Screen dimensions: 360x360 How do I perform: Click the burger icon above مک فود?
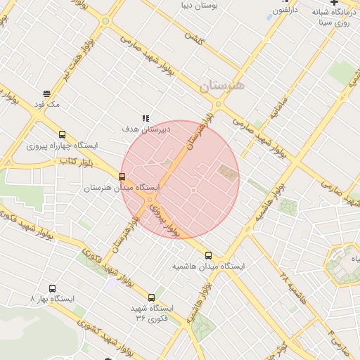pos(46,94)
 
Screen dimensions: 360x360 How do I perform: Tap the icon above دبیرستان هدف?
pos(146,118)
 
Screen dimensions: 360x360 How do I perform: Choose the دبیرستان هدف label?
pos(146,129)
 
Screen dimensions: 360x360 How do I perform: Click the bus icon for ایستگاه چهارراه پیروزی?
pos(62,135)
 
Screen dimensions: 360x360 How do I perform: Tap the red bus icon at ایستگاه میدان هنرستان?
pos(122,176)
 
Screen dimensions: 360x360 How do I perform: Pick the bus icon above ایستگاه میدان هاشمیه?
pos(208,255)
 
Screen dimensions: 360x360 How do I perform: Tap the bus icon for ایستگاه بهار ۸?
pos(52,288)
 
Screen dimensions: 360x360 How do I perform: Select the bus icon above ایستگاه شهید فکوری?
pos(152,297)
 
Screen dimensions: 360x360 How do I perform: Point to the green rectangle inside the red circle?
pos(227,171)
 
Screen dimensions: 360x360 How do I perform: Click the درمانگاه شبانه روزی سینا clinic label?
pos(333,18)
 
